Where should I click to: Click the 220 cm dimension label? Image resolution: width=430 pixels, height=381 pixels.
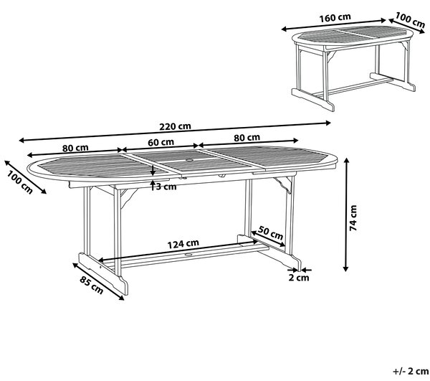175,126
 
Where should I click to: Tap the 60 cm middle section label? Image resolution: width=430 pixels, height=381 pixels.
161,143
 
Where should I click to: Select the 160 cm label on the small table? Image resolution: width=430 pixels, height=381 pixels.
335,17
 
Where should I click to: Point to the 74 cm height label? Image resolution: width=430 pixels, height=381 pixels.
353,218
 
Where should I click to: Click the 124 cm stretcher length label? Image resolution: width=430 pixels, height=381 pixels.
183,244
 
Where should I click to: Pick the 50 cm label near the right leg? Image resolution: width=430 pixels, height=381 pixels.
270,232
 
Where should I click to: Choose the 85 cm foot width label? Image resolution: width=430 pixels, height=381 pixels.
91,285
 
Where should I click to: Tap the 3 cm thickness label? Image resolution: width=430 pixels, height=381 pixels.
166,187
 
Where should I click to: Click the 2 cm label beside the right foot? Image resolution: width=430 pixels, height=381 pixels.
299,278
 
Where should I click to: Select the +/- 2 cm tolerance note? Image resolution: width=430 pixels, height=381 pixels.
411,372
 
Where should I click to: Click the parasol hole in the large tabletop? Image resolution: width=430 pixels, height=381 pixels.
189,160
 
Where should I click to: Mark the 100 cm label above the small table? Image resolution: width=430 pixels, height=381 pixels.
410,20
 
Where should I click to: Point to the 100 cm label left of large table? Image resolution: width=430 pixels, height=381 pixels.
19,182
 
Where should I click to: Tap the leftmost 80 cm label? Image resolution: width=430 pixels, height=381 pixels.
75,149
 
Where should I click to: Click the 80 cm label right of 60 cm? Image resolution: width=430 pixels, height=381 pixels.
247,138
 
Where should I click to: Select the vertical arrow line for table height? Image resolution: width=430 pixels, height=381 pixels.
346,215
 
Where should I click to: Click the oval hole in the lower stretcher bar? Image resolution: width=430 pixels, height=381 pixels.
188,255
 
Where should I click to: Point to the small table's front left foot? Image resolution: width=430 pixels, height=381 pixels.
313,100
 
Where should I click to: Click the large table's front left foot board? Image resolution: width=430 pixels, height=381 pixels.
103,273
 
